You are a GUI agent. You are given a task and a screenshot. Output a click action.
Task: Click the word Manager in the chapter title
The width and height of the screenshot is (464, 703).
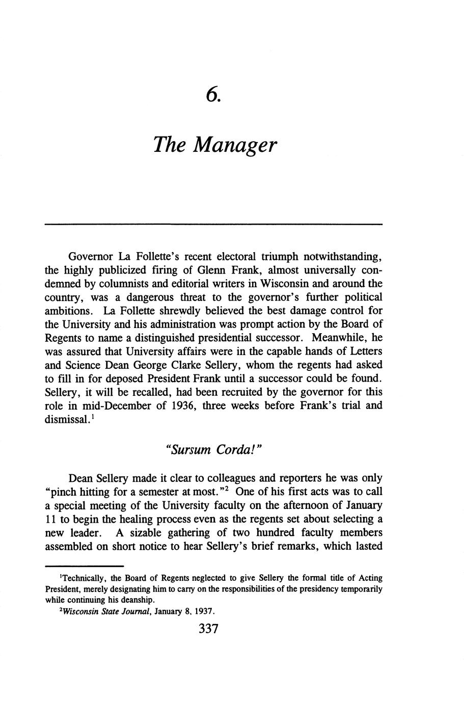coord(236,146)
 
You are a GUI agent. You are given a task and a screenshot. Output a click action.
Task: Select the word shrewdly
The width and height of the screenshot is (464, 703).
coord(175,311)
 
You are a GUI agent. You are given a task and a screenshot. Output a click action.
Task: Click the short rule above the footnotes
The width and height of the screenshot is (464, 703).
coord(85,566)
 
